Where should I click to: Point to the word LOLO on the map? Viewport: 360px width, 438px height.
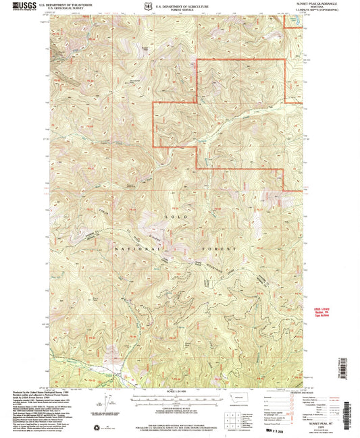[170, 217]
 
